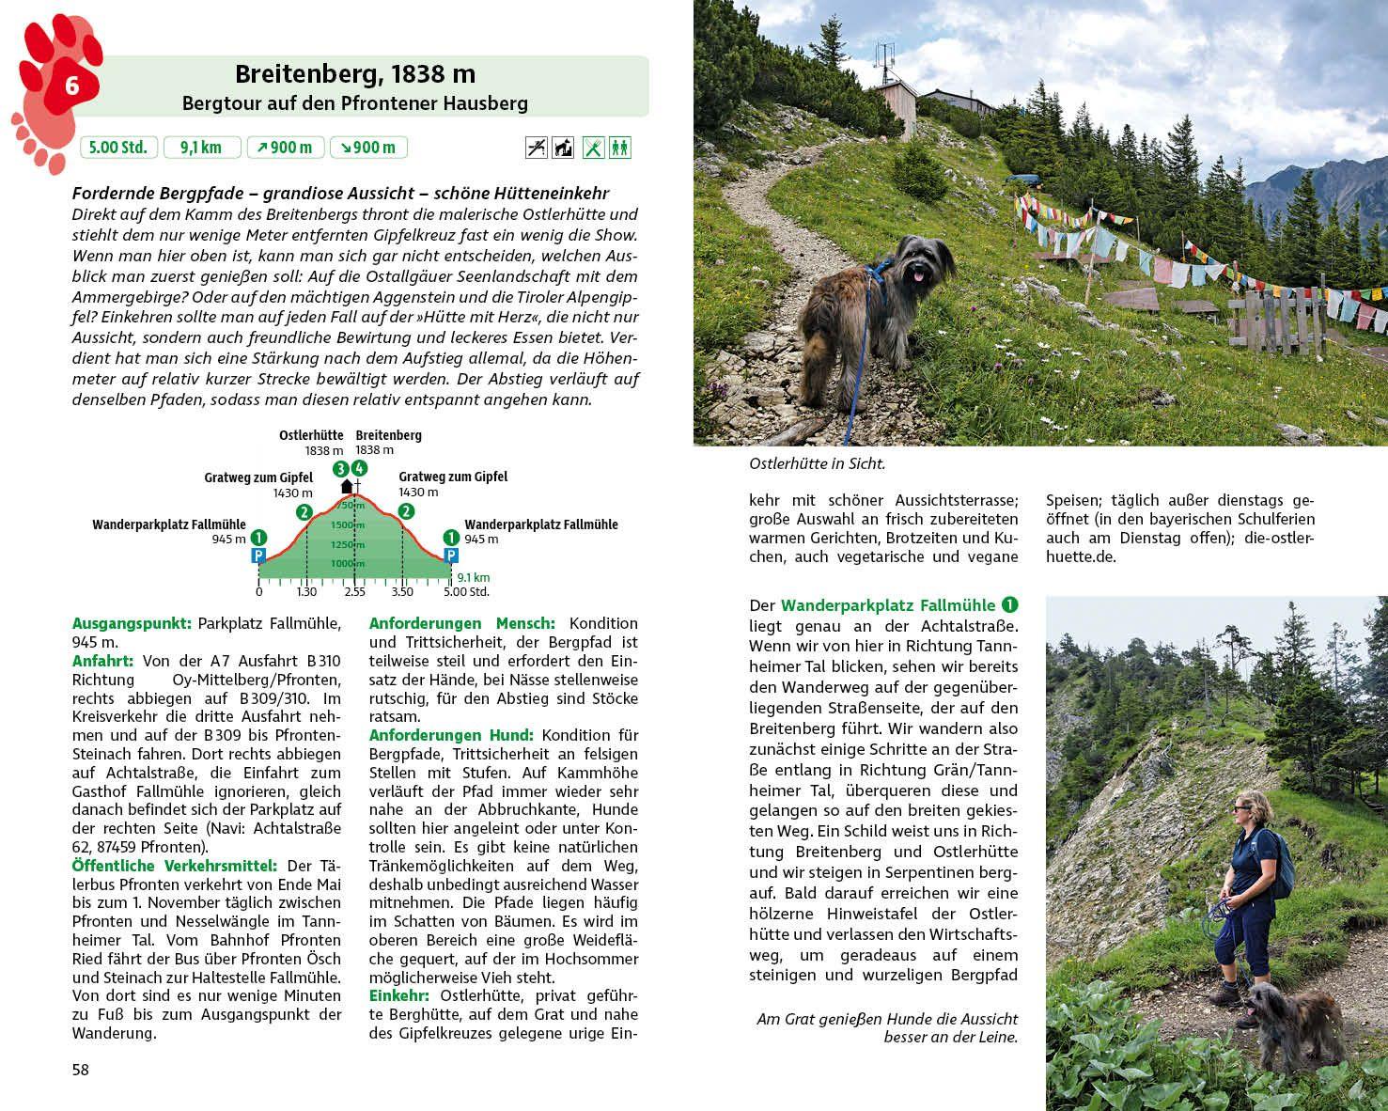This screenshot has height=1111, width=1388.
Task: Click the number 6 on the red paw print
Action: point(70,86)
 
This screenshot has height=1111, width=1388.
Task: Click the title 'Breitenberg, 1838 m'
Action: point(354,74)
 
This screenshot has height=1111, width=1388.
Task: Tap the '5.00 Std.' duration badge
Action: point(118,148)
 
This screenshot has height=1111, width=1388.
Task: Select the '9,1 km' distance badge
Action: point(201,148)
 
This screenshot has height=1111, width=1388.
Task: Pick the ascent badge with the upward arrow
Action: point(285,148)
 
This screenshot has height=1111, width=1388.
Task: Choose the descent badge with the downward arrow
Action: point(367,148)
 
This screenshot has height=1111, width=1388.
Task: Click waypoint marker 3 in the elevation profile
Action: point(340,468)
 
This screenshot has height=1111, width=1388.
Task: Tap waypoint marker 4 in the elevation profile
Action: point(358,468)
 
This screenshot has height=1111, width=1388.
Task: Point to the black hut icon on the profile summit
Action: point(346,486)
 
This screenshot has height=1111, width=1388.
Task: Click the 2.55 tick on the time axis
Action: point(354,592)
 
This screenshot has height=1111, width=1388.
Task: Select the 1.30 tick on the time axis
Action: point(306,592)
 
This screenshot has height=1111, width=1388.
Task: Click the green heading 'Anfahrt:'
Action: point(102,661)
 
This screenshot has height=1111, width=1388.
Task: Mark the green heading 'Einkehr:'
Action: point(398,995)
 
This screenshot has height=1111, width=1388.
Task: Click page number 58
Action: point(81,1070)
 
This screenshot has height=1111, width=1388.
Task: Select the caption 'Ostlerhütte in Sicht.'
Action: point(817,463)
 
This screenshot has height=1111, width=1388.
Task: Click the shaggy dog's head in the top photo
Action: point(916,262)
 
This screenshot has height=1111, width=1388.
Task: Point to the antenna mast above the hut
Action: point(882,60)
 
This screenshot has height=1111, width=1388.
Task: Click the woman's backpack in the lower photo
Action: point(1280,863)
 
